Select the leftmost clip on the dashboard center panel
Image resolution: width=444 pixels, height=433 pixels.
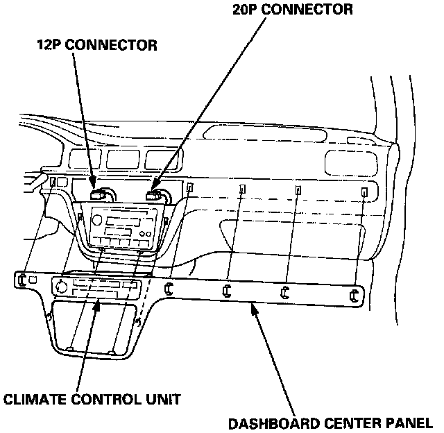coord(22,280)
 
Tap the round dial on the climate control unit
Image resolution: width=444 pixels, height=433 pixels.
coord(63,287)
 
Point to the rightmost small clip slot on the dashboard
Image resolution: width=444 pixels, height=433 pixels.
coord(364,192)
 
